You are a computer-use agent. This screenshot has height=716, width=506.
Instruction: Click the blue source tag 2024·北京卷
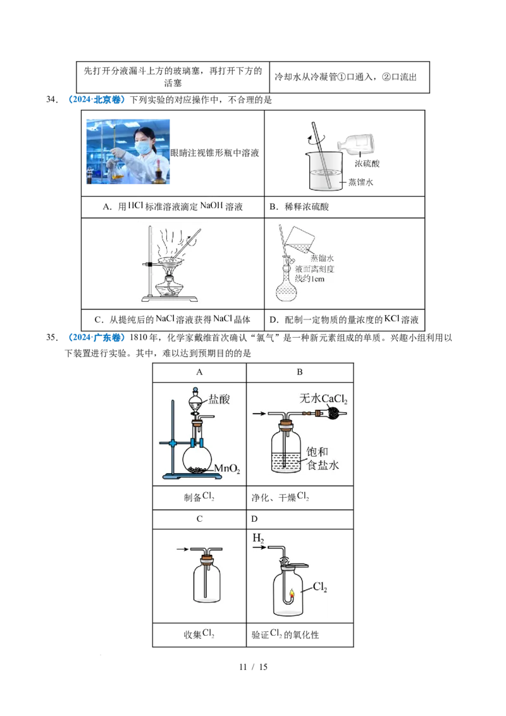pos(97,99)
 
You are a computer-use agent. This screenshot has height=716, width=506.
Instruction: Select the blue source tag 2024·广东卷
pos(97,338)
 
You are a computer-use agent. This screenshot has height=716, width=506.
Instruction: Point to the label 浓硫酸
pos(367,163)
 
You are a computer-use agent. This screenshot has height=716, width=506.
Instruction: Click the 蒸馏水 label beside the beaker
pos(361,182)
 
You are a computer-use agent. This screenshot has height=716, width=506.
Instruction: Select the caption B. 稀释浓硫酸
pos(299,207)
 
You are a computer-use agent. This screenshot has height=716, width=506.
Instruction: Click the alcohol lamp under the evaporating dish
pos(170,286)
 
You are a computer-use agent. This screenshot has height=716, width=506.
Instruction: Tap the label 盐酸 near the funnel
pos(219,400)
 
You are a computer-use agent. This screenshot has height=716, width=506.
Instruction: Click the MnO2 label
pos(227,469)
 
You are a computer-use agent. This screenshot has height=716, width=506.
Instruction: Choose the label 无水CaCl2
pos(323,399)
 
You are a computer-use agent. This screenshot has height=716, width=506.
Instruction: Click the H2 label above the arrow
pos(259,538)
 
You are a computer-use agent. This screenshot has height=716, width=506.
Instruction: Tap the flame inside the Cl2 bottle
pos(292,594)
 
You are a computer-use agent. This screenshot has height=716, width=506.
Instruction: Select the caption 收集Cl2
pos(199,634)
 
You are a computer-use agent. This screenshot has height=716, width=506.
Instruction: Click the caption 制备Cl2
pos(199,497)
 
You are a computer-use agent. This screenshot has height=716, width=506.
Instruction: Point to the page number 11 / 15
pos(253,667)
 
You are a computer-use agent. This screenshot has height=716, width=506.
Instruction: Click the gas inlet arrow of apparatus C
pos(183,549)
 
